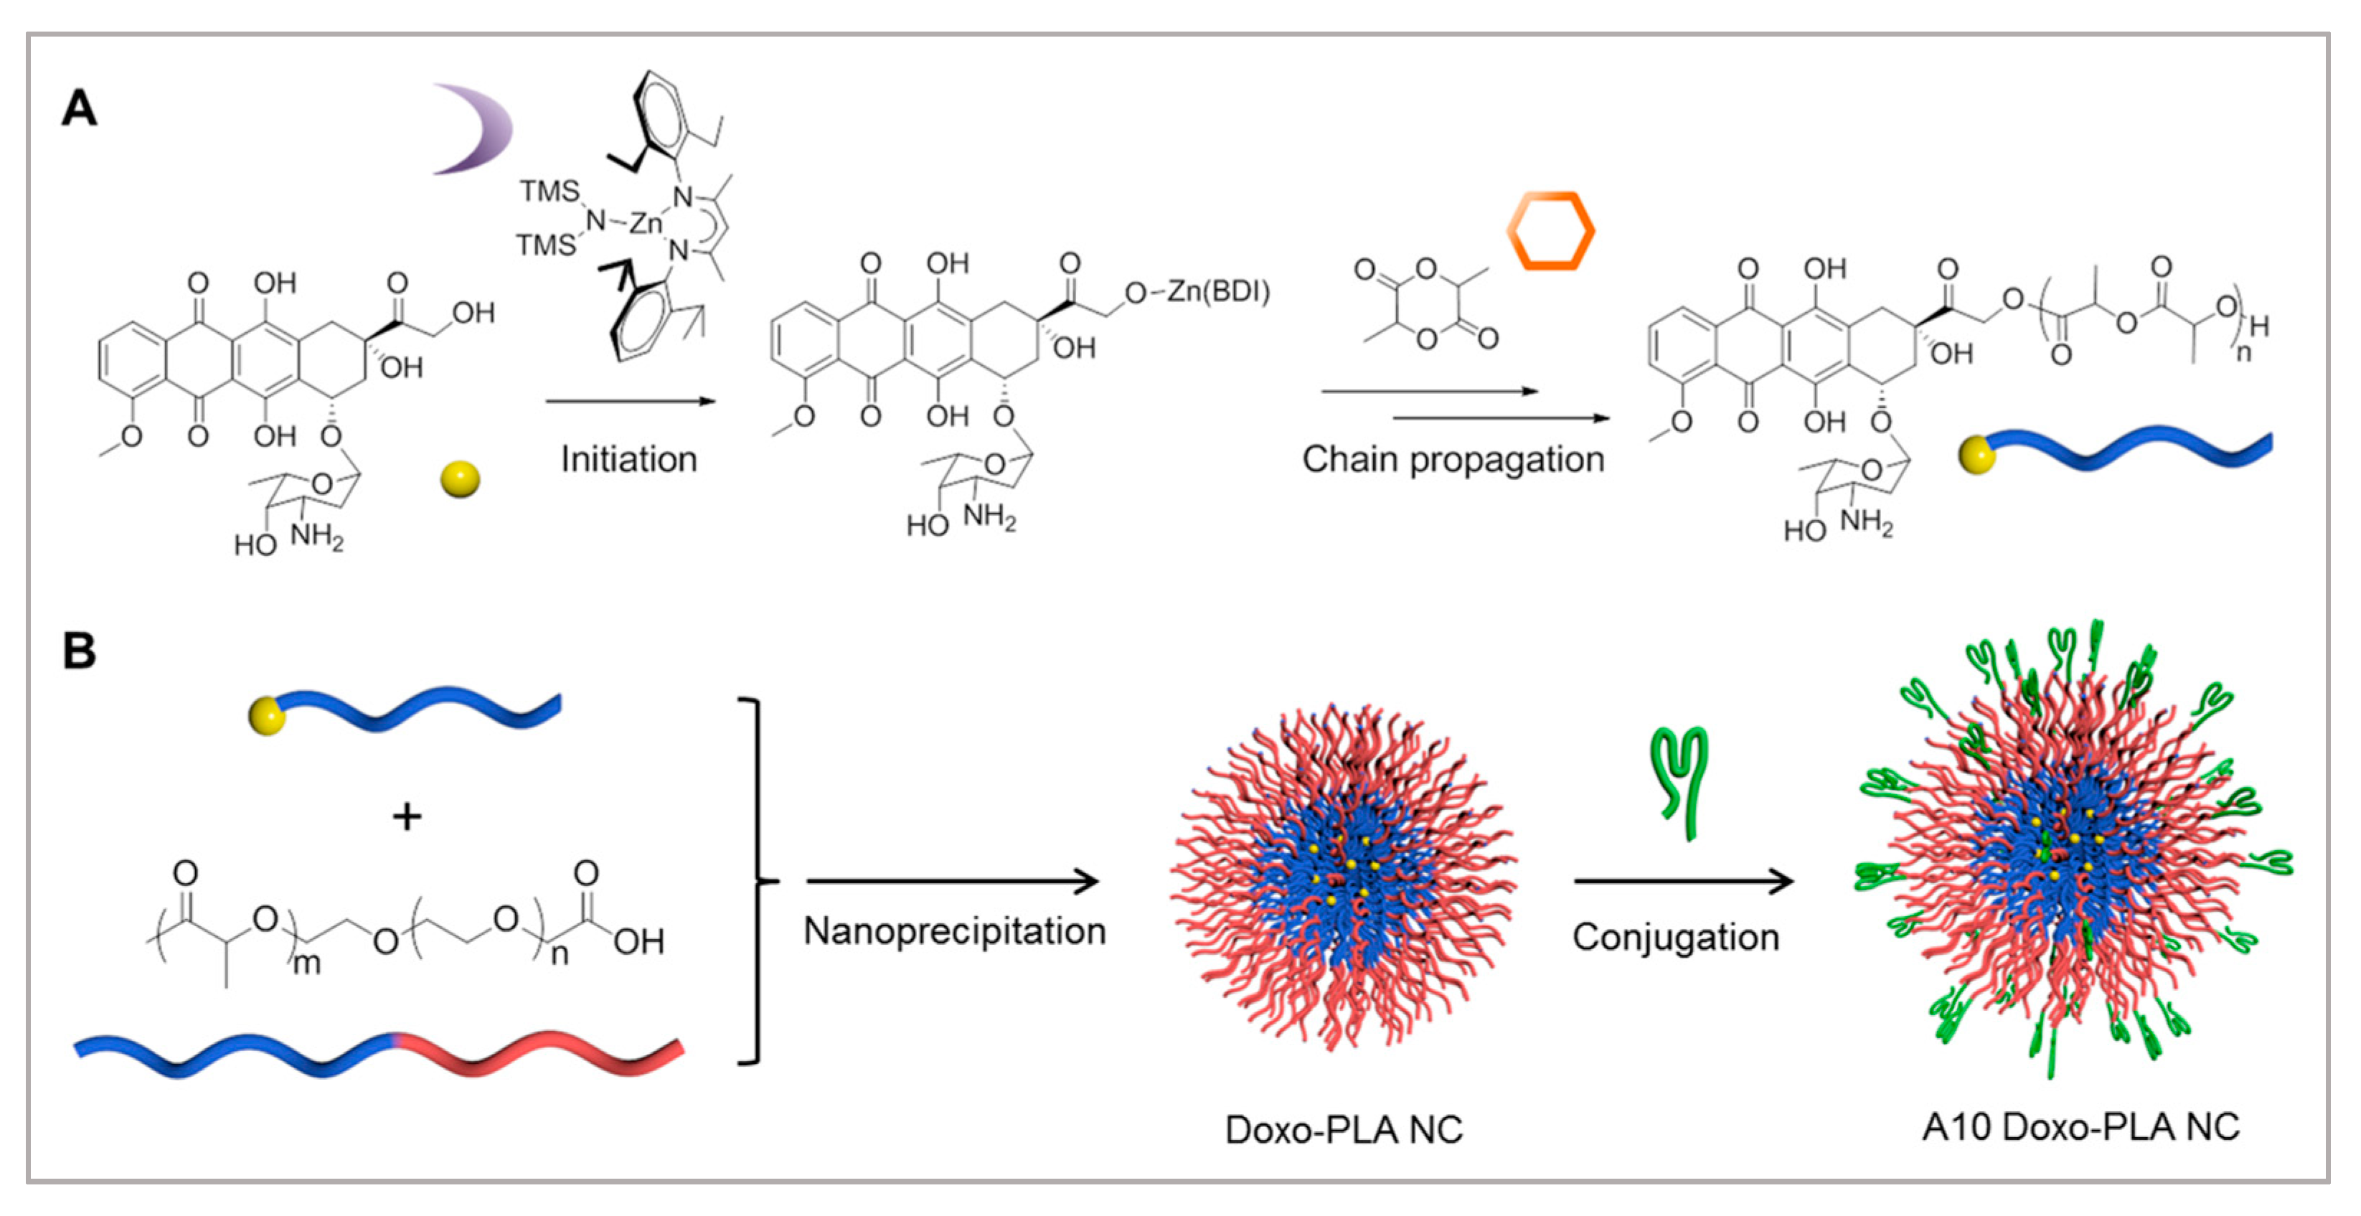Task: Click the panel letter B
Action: [79, 651]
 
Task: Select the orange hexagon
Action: [1551, 231]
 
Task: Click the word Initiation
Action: [628, 459]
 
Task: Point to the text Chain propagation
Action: [1453, 459]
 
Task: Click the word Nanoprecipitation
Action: [954, 932]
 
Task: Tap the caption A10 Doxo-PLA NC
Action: [2080, 1127]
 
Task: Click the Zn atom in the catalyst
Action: [645, 222]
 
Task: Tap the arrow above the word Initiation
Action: [628, 401]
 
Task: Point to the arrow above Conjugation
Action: [1683, 882]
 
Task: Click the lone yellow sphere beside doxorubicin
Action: [460, 479]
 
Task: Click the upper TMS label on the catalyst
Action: [550, 192]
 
